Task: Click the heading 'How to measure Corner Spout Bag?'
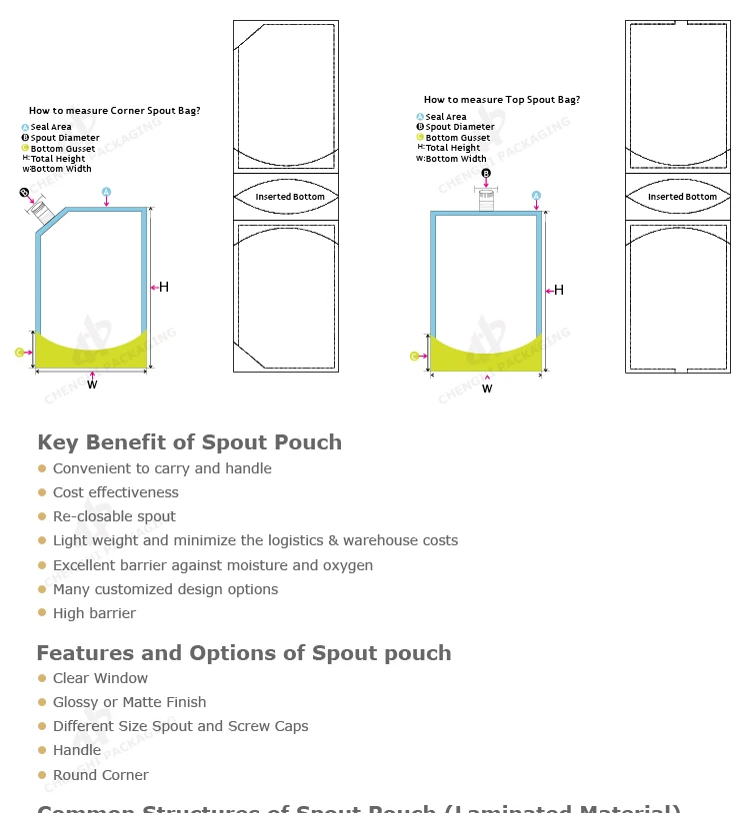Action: pos(114,111)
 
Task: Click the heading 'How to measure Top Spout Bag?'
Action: pos(501,100)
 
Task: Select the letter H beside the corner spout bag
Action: pos(164,288)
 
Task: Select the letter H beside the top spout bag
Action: pos(559,291)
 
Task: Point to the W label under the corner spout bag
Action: pos(92,384)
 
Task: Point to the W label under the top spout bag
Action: pos(487,389)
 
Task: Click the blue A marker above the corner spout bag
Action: pos(106,192)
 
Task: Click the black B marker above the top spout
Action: pos(486,174)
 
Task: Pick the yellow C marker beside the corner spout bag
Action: pos(19,353)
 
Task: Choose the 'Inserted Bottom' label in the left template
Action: pos(290,197)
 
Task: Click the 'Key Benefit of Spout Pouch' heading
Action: pos(189,442)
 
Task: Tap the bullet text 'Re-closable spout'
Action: pos(114,516)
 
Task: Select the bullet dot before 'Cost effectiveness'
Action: pos(42,492)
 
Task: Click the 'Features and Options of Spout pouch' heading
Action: pos(244,653)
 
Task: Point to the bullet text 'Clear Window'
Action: pos(100,678)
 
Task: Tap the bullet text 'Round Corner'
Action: pos(100,775)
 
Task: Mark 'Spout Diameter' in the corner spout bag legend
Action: pos(65,138)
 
